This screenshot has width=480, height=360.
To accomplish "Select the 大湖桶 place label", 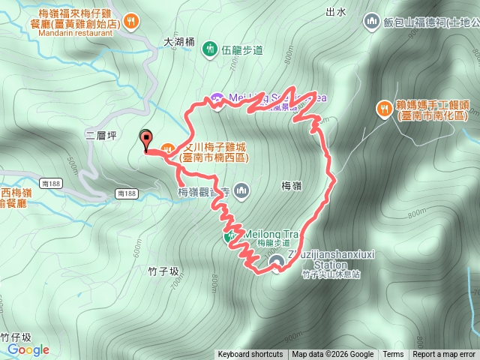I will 178,43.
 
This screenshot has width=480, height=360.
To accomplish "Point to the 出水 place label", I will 337,12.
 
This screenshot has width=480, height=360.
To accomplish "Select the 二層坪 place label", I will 100,135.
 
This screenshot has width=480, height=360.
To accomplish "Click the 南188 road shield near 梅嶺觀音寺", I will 127,193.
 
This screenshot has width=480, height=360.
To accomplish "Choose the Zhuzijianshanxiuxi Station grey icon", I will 277,261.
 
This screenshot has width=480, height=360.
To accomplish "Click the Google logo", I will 28,349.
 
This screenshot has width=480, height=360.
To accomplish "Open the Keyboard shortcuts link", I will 250,355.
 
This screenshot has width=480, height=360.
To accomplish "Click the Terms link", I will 393,355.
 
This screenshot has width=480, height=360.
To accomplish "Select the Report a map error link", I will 444,355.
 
